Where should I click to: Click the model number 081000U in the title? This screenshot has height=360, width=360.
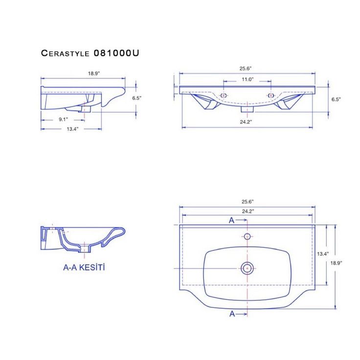[x=116, y=53]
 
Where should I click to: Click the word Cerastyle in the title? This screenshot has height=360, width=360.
[x=65, y=53]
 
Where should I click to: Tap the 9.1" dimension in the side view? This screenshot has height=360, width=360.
[x=64, y=119]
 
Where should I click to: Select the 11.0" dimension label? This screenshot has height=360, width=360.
[x=247, y=79]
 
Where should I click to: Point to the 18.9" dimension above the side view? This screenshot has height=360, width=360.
[x=94, y=73]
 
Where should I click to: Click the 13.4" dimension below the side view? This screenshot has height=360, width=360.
[x=72, y=129]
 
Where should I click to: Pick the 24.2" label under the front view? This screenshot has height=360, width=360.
[x=246, y=122]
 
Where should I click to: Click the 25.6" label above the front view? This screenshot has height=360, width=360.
[x=246, y=68]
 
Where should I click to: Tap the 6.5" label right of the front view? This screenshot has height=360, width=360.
[x=336, y=99]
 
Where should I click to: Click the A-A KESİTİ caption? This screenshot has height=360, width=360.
[x=84, y=268]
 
